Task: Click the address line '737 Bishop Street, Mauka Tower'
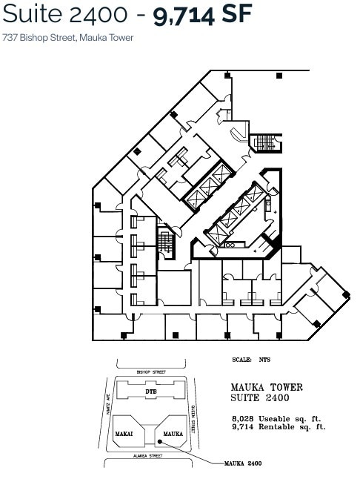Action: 68,37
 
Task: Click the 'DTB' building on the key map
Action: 151,390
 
